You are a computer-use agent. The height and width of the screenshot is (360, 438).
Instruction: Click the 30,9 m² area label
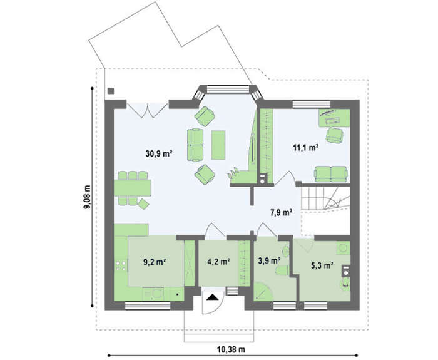point(158,153)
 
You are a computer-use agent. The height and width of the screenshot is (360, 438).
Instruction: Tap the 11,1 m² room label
point(306,147)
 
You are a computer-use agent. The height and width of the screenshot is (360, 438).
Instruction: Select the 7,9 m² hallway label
point(281,213)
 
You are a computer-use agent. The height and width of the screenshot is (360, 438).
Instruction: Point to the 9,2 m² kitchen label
point(155,262)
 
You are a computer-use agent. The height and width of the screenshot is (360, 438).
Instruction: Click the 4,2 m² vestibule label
point(218,262)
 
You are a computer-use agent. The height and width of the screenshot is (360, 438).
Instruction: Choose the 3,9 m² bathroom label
point(269,261)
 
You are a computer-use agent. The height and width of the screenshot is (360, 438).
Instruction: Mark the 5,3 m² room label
point(322,265)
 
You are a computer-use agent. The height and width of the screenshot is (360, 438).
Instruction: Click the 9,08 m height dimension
point(88,197)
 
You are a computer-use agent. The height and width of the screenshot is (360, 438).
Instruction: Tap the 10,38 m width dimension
point(231,349)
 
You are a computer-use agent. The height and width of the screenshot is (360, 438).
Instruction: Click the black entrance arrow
point(213,297)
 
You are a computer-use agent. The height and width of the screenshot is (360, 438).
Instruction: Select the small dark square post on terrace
point(111,91)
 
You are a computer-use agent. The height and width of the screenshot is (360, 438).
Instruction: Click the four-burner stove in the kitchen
point(120,266)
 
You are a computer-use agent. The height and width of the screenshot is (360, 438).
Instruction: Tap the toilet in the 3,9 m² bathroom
point(282,271)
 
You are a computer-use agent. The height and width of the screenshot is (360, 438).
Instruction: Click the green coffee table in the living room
point(218,145)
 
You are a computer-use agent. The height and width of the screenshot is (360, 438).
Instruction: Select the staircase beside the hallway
point(325,198)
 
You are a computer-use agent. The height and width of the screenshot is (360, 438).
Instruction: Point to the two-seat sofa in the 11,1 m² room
point(331,174)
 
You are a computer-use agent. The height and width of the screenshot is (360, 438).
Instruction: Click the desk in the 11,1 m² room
point(334,118)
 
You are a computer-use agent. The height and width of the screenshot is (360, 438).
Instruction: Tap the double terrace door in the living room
point(147,110)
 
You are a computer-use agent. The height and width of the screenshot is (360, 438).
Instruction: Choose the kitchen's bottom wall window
point(148,306)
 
